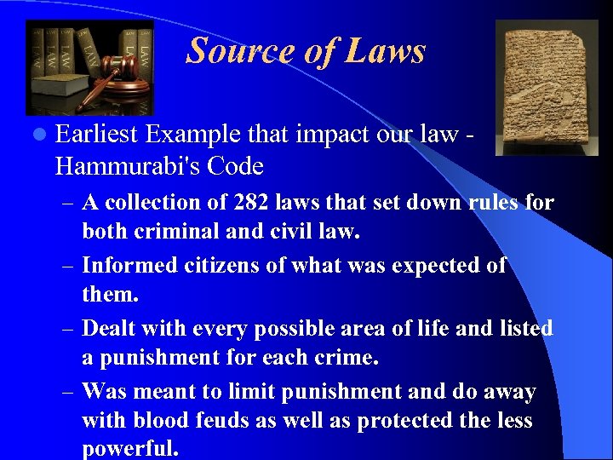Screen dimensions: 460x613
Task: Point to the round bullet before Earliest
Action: (x=41, y=135)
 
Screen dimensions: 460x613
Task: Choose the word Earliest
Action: (x=97, y=135)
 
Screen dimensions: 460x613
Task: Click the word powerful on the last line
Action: (x=129, y=449)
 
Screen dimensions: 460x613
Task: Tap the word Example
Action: (x=192, y=135)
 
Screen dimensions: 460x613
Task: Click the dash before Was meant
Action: (x=68, y=393)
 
